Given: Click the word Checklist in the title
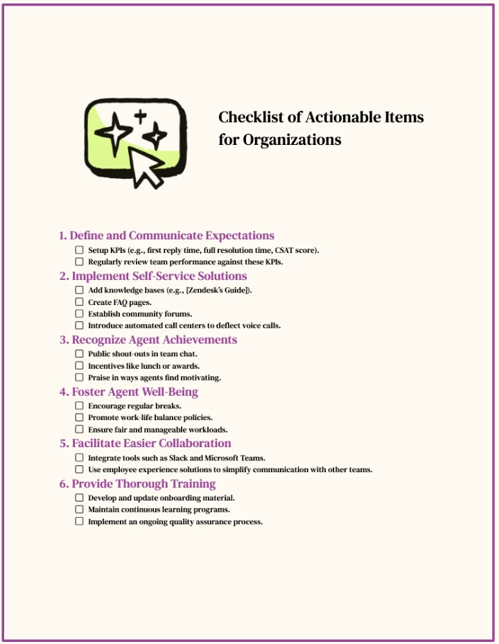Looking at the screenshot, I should (x=251, y=117).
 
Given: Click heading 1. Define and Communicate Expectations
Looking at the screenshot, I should (x=166, y=236).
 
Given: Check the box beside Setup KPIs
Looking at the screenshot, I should (x=79, y=250).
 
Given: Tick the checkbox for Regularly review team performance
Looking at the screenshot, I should (x=79, y=262).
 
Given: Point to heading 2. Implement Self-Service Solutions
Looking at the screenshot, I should (x=152, y=276).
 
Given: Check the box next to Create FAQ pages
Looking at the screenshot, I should (x=79, y=302).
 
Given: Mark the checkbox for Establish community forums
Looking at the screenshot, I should (x=79, y=314).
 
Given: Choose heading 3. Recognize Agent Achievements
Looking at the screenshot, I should (x=148, y=340).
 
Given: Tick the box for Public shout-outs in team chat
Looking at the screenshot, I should (x=79, y=354).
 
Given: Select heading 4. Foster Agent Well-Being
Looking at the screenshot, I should (x=128, y=392).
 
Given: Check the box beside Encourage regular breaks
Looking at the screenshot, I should (x=79, y=406).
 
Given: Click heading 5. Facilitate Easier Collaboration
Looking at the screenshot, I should (x=145, y=443).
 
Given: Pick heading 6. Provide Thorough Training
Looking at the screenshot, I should (x=137, y=484).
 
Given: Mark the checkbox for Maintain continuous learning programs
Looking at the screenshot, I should (x=79, y=510).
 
